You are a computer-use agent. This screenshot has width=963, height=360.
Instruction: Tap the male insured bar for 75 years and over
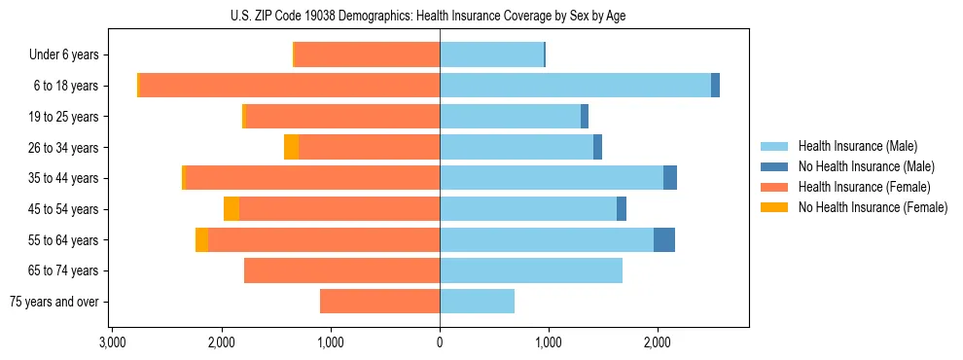click(477, 302)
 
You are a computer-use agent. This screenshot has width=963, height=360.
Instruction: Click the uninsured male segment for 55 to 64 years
click(664, 240)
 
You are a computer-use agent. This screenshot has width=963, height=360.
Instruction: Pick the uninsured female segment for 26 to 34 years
click(291, 147)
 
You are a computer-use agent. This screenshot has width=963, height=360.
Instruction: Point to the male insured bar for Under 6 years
click(491, 54)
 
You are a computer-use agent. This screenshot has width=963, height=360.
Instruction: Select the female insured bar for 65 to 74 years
click(341, 270)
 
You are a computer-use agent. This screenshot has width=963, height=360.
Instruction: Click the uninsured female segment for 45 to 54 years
click(232, 209)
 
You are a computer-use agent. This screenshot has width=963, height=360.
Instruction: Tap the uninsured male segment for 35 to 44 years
click(670, 178)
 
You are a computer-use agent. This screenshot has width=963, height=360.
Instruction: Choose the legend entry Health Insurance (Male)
click(857, 146)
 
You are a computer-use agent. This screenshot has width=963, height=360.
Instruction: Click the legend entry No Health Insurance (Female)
click(873, 207)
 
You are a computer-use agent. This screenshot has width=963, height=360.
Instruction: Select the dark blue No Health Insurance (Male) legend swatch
click(774, 166)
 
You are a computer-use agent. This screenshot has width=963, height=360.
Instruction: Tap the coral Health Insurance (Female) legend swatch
click(774, 187)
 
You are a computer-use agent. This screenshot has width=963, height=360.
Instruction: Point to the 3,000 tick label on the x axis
click(113, 342)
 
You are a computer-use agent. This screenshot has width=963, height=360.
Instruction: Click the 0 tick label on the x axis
click(440, 342)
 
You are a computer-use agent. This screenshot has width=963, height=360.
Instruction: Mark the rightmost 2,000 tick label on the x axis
click(658, 342)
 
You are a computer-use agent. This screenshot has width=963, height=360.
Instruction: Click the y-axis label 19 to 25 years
click(66, 117)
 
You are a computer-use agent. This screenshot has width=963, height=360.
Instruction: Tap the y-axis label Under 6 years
click(64, 55)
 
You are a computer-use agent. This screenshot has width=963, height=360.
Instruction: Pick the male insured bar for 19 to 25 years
click(510, 117)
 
